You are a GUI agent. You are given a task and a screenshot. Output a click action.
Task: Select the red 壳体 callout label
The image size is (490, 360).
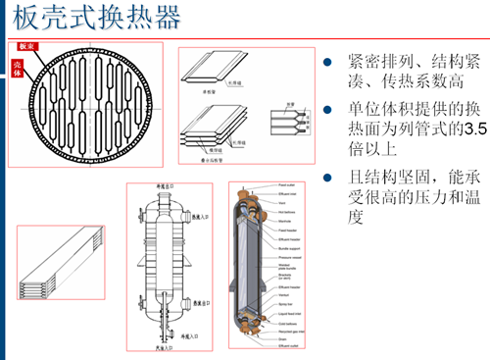pyautogui.click(x=19, y=66)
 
